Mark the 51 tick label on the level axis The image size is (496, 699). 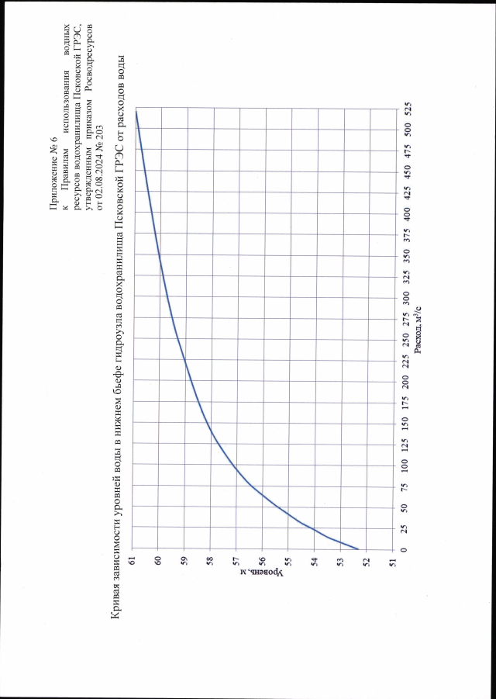(x=393, y=560)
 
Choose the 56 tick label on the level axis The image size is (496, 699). (x=263, y=560)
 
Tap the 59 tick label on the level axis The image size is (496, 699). (x=184, y=560)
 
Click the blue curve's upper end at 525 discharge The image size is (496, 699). (x=136, y=110)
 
